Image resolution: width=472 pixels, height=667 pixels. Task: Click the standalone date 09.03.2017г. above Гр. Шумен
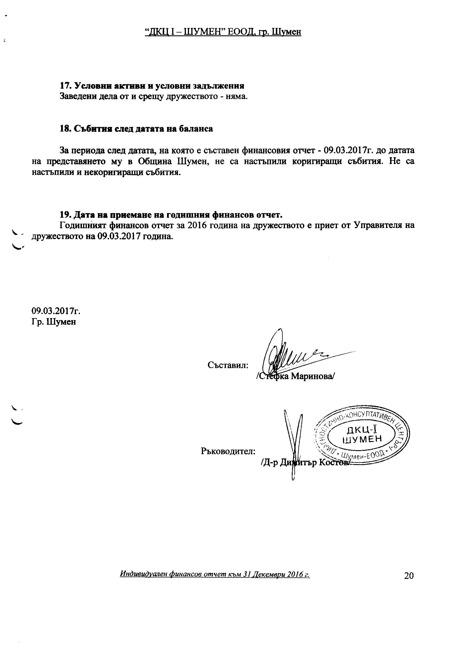pos(56,311)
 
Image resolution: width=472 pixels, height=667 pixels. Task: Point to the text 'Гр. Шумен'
pos(54,322)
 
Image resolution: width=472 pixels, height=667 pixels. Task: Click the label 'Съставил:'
pos(228,365)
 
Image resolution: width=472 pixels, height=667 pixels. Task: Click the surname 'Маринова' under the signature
pos(312,377)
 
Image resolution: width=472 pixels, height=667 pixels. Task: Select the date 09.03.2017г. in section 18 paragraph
pos(349,151)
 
